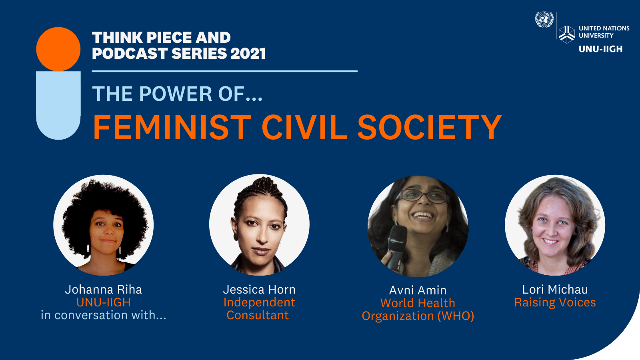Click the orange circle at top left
click(x=58, y=49)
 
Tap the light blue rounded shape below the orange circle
click(x=58, y=106)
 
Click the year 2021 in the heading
click(x=248, y=54)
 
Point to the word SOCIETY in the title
click(x=430, y=127)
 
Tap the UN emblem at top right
click(x=544, y=20)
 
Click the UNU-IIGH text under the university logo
click(x=600, y=49)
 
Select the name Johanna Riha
click(x=104, y=290)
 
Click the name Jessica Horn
click(x=259, y=290)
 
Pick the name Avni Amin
click(x=418, y=290)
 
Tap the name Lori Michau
click(x=555, y=290)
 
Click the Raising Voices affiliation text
click(x=555, y=302)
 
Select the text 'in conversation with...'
click(x=104, y=315)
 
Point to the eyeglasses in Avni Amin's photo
click(x=422, y=196)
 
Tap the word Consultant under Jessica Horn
click(x=258, y=315)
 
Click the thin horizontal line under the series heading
click(x=225, y=71)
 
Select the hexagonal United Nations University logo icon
click(x=566, y=34)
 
